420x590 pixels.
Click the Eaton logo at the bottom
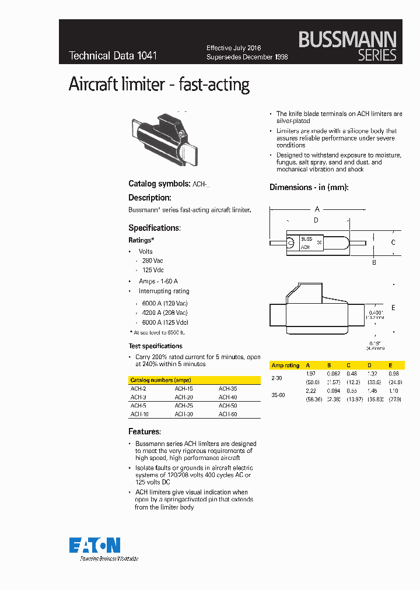tap(95, 545)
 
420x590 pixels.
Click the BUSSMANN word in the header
tap(347, 40)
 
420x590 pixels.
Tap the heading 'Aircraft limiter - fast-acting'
tap(159, 85)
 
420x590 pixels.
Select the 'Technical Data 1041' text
tap(113, 56)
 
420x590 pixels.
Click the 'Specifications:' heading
tap(155, 228)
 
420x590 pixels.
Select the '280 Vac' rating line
tap(153, 261)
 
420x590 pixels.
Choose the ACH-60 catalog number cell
tap(228, 414)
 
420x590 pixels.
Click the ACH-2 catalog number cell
tap(138, 388)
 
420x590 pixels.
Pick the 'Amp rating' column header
tap(285, 366)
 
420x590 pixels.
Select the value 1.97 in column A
tap(311, 373)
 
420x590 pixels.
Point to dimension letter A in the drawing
tap(317, 209)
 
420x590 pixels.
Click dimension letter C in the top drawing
tap(393, 242)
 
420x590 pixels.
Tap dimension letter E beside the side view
tap(393, 307)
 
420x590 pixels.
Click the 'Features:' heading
tap(144, 431)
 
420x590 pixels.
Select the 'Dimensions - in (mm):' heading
tap(309, 187)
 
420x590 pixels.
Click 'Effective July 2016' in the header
tap(234, 48)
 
